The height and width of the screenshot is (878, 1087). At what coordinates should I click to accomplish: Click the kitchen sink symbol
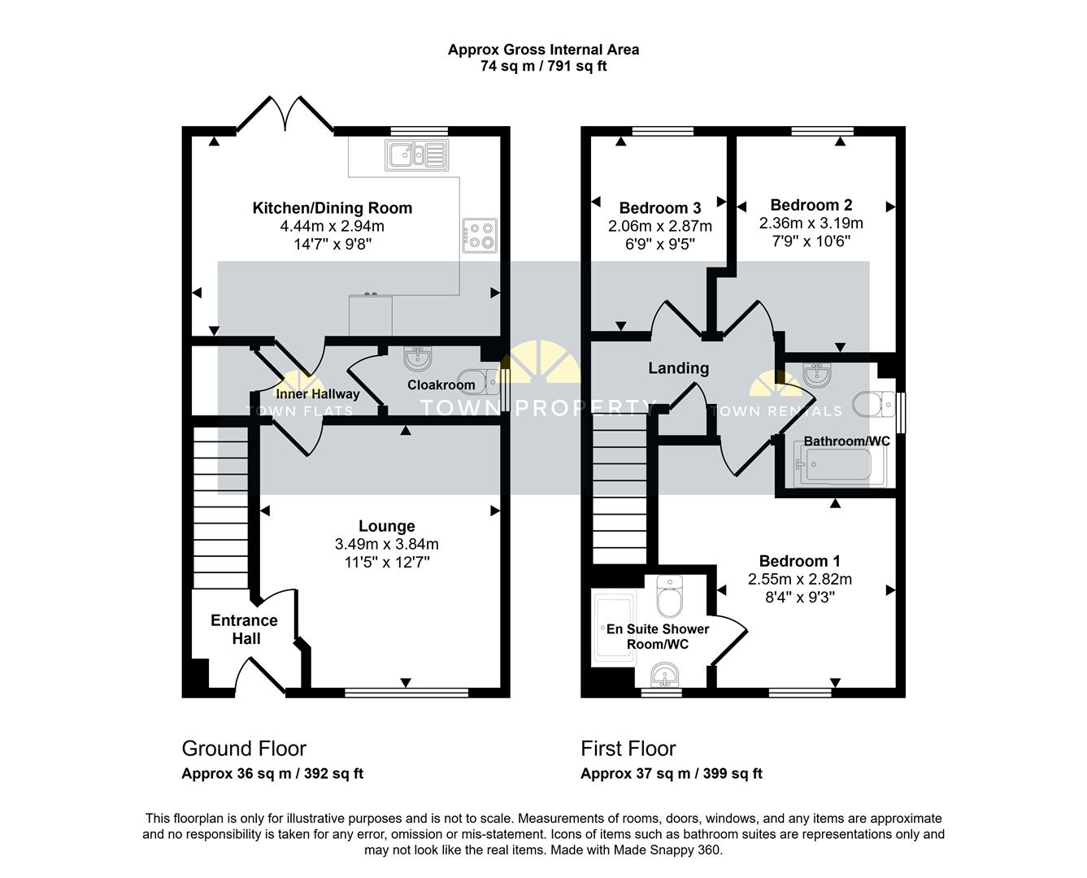click(417, 154)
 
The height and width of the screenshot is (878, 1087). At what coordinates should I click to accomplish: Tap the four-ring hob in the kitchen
click(480, 235)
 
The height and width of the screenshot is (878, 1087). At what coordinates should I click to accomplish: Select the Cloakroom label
click(441, 385)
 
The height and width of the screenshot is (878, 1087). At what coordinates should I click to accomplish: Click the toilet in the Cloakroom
click(486, 382)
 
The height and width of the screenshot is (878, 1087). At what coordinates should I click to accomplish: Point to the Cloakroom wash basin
click(418, 359)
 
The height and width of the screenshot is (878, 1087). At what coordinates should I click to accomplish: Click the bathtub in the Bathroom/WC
click(840, 463)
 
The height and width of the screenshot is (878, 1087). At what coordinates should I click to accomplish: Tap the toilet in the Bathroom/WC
click(873, 405)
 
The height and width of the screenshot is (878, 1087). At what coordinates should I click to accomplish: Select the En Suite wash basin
click(664, 675)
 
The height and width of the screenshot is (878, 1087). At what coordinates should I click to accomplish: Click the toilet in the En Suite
click(670, 597)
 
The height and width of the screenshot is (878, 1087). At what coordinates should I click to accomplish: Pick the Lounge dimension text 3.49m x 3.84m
click(387, 545)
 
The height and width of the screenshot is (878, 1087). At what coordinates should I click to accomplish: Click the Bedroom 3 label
click(660, 208)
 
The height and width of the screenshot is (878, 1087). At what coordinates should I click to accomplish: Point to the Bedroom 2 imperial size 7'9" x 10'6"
click(811, 241)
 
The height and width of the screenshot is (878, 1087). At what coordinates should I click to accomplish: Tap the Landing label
click(679, 368)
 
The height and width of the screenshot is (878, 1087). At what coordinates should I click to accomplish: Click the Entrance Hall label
click(245, 629)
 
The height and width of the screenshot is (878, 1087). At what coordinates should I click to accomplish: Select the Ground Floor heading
click(244, 749)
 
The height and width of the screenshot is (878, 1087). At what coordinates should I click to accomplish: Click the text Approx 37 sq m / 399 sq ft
click(672, 774)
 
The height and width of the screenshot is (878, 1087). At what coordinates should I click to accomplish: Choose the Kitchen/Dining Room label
click(333, 208)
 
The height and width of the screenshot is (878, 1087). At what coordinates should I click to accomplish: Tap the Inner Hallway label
click(317, 393)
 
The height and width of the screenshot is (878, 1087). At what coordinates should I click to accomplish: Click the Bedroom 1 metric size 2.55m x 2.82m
click(800, 579)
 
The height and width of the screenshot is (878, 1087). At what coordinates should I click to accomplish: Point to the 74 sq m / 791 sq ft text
click(543, 67)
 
